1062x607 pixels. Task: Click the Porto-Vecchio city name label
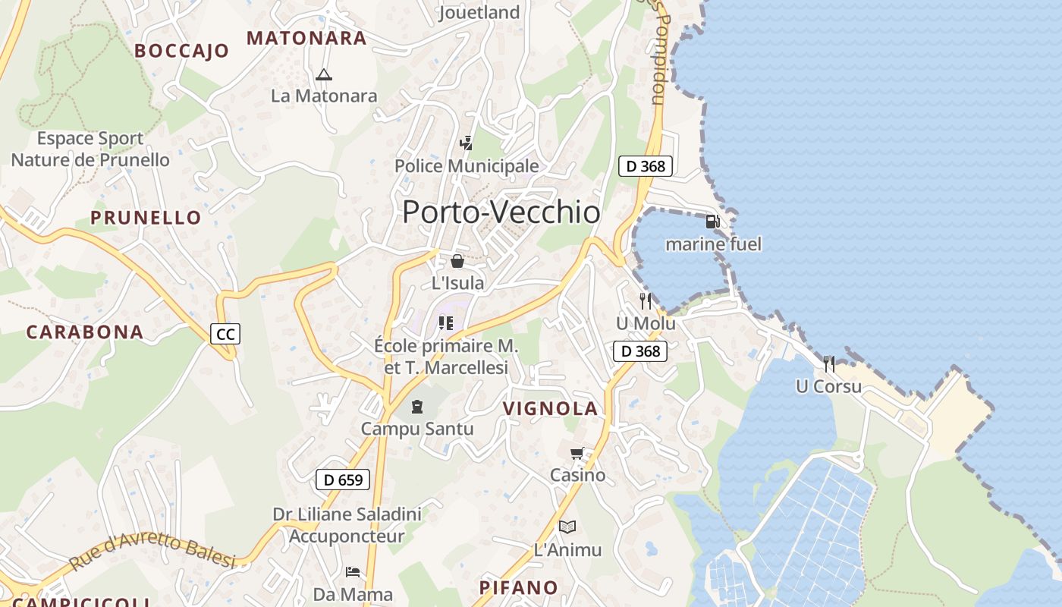pyautogui.click(x=501, y=212)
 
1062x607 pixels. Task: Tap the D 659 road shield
pyautogui.click(x=343, y=480)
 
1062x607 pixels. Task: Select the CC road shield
pyautogui.click(x=225, y=334)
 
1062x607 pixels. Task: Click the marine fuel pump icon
pyautogui.click(x=712, y=222)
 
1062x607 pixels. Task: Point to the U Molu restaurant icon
pyautogui.click(x=646, y=301)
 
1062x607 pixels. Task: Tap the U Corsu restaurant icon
pyautogui.click(x=829, y=364)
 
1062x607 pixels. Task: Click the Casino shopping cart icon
pyautogui.click(x=577, y=454)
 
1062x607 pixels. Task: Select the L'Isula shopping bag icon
pyautogui.click(x=457, y=262)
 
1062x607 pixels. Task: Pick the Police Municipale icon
pyautogui.click(x=467, y=143)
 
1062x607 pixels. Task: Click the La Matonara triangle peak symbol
pyautogui.click(x=324, y=74)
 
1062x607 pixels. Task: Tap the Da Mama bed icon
pyautogui.click(x=353, y=571)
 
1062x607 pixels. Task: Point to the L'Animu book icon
pyautogui.click(x=567, y=527)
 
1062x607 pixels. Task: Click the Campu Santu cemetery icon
pyautogui.click(x=416, y=407)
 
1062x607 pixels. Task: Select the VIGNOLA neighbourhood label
pyautogui.click(x=551, y=409)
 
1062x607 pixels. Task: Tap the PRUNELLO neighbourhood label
pyautogui.click(x=146, y=218)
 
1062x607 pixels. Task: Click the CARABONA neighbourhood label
pyautogui.click(x=85, y=332)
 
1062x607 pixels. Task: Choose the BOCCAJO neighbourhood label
pyautogui.click(x=181, y=51)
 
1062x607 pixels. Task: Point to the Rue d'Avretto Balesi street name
pyautogui.click(x=152, y=552)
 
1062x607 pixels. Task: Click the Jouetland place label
pyautogui.click(x=479, y=12)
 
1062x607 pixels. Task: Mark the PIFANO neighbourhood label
pyautogui.click(x=518, y=588)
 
